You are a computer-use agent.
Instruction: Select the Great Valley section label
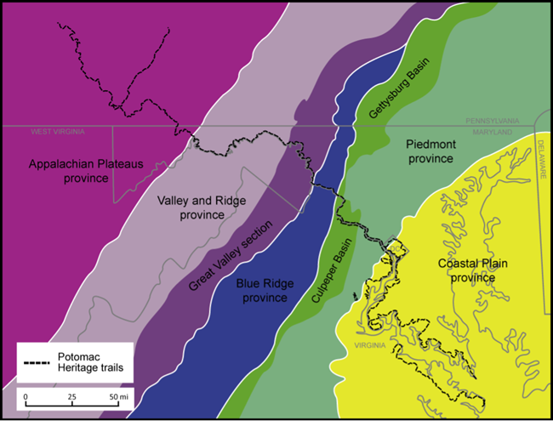point(231,256)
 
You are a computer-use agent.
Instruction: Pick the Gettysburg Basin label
point(397,88)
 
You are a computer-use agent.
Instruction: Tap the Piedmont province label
point(432,151)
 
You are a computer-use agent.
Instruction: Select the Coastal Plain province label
point(472,270)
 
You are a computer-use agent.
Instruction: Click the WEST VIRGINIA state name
point(59,132)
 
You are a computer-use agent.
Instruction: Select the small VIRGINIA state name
point(370,346)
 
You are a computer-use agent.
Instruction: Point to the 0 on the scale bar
point(26,397)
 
